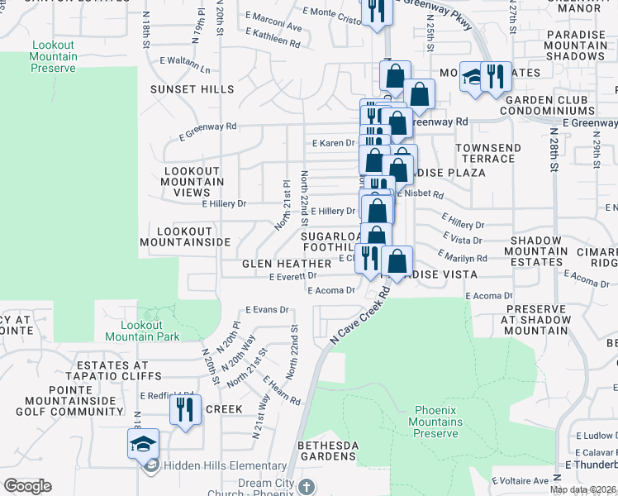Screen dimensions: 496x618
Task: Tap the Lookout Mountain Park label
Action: [x=142, y=331]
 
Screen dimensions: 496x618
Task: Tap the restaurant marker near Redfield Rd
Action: [x=185, y=409]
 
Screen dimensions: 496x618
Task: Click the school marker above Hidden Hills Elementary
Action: [x=143, y=443]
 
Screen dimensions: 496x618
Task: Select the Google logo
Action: [x=27, y=486]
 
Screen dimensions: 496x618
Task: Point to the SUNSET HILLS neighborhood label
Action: [x=192, y=89]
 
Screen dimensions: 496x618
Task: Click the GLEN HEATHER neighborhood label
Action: [x=287, y=264]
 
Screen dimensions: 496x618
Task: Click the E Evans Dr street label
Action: [x=266, y=310]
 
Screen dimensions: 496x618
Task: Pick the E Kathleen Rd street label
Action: [x=271, y=41]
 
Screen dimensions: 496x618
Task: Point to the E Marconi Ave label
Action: [x=273, y=26]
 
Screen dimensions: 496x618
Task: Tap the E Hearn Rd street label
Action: [x=281, y=389]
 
